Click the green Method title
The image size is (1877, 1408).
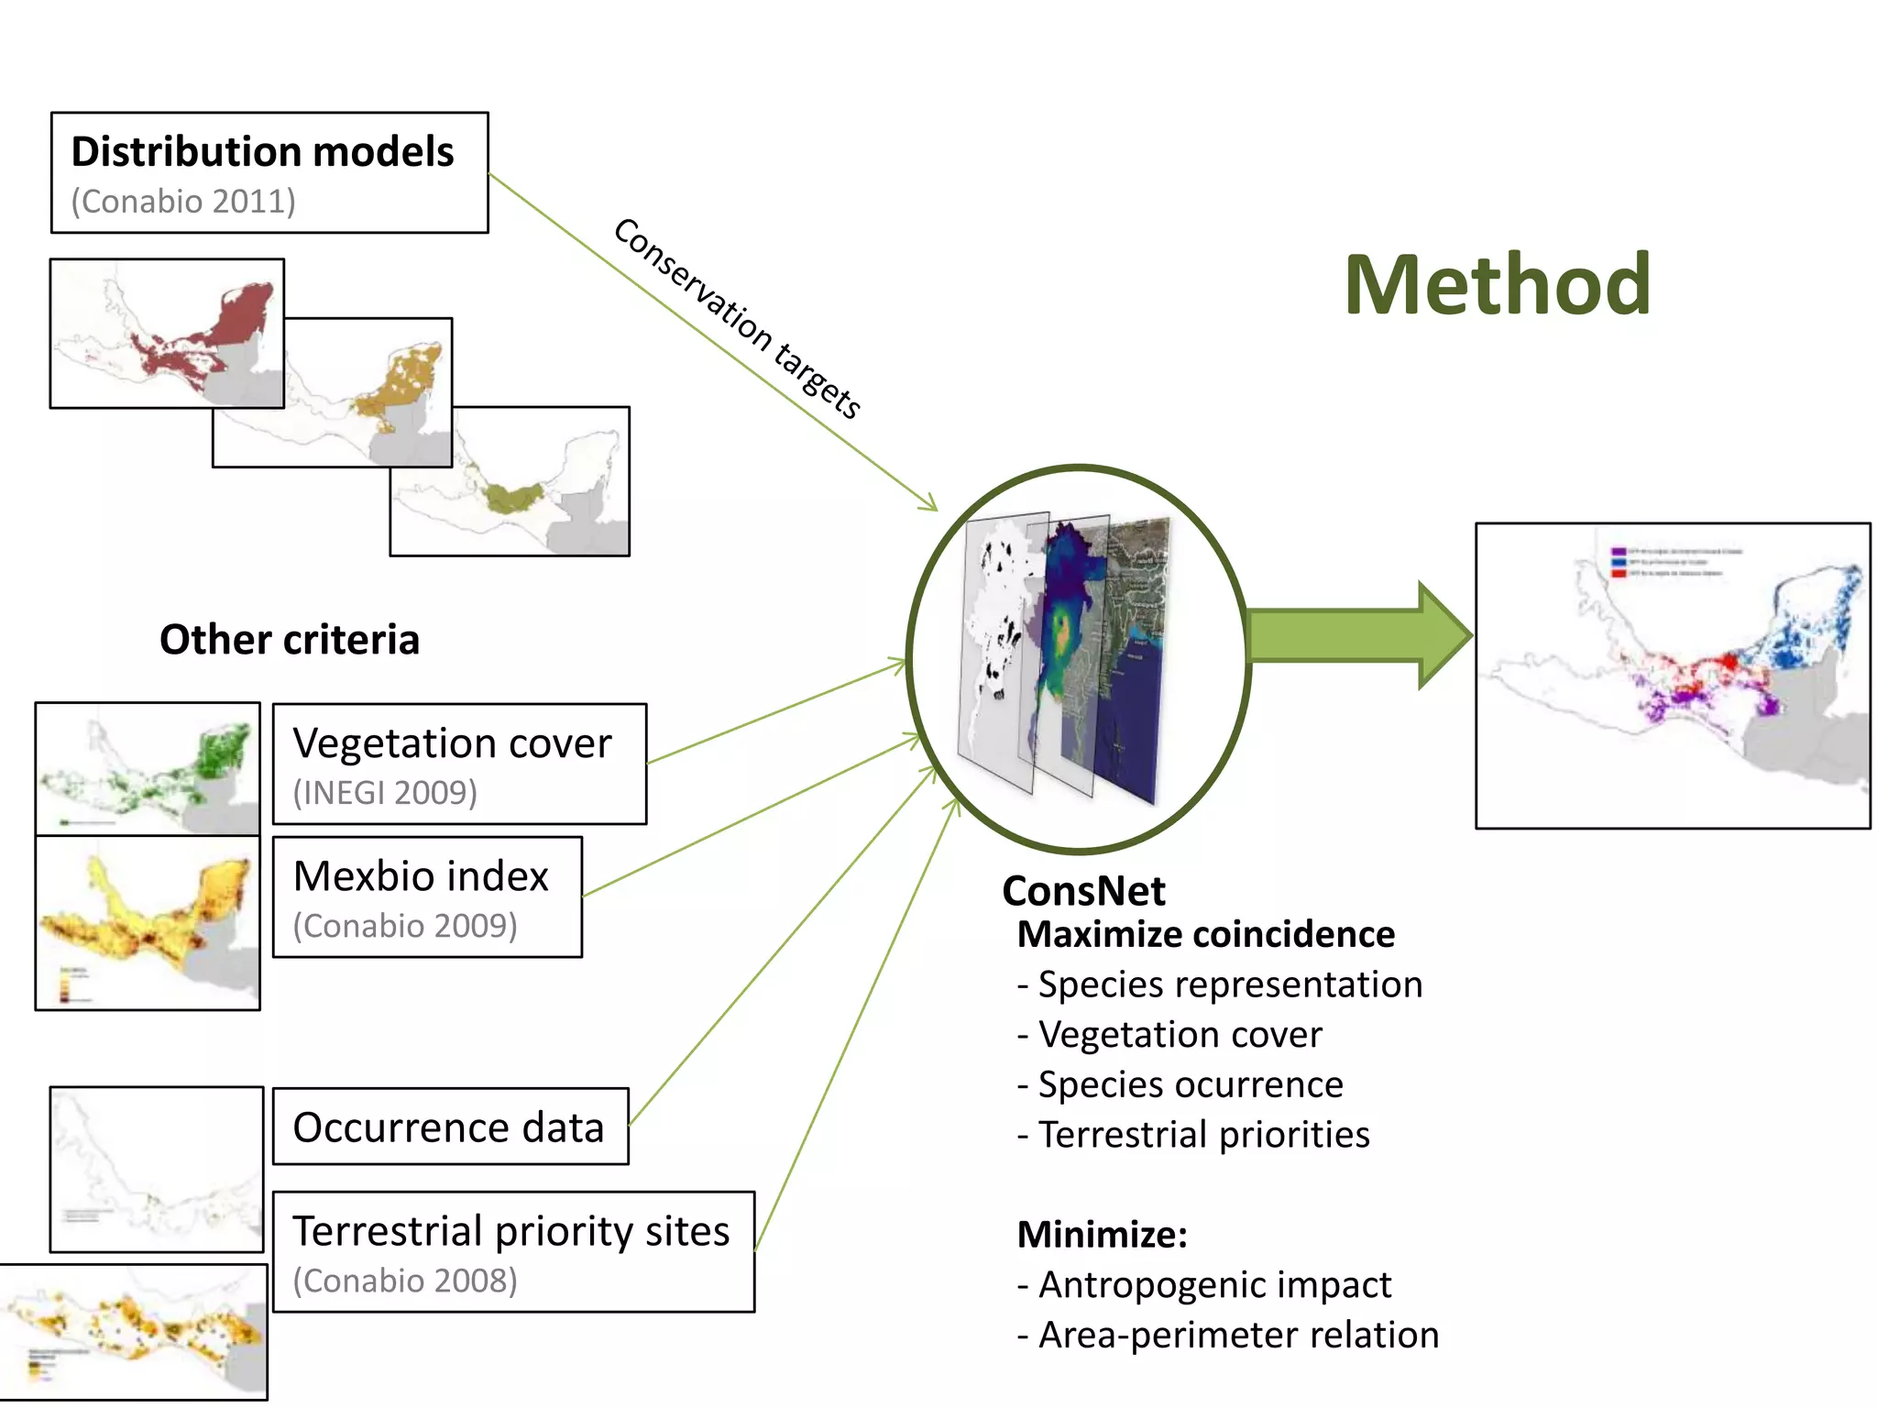[1497, 285]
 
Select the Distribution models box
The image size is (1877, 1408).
[269, 172]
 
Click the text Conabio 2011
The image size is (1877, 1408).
[183, 202]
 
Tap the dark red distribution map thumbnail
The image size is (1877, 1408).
[166, 333]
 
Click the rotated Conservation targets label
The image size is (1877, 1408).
[737, 318]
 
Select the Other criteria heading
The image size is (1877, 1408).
[290, 640]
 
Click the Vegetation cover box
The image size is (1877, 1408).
[459, 764]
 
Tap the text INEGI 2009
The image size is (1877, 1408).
[385, 793]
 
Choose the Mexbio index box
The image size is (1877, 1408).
[427, 896]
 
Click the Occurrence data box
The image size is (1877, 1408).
[450, 1127]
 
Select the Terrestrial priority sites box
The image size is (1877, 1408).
[513, 1251]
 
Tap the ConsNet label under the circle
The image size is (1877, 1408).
[1083, 891]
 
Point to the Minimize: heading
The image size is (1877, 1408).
[1102, 1235]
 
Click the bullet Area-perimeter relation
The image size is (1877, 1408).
[1228, 1335]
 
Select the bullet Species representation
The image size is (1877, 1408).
[1220, 984]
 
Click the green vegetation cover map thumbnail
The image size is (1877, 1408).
[148, 768]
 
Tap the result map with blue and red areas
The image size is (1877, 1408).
[1672, 676]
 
